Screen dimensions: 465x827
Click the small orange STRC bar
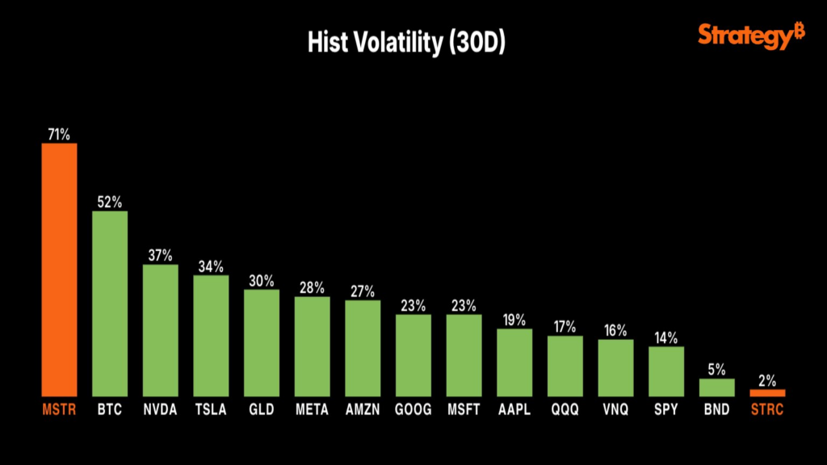[767, 393]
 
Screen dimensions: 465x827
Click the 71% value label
[60, 134]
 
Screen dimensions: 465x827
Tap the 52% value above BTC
[110, 202]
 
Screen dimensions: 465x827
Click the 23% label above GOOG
[413, 306]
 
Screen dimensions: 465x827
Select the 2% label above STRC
[767, 380]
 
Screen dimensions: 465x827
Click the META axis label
[312, 410]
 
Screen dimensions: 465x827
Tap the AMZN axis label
[363, 410]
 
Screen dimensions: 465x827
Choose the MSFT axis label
[464, 410]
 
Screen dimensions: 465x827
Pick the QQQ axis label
[565, 410]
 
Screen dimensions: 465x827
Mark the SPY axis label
[666, 410]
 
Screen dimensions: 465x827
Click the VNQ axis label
[615, 410]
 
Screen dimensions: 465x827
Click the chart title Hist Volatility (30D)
[406, 44]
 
